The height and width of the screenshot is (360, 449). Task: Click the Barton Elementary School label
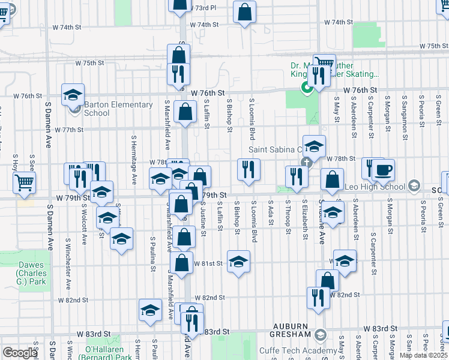[118, 109]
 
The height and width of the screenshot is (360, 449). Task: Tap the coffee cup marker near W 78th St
[383, 170]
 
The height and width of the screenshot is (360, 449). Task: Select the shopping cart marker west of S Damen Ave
[24, 182]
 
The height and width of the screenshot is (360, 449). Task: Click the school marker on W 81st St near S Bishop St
[238, 261]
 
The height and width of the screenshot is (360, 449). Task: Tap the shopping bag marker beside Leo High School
[332, 179]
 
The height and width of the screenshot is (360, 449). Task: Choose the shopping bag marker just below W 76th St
[186, 111]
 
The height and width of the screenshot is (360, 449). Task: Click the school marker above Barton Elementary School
[72, 94]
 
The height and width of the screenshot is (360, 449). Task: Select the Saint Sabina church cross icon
[306, 162]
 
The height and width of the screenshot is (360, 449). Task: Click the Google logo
[20, 353]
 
